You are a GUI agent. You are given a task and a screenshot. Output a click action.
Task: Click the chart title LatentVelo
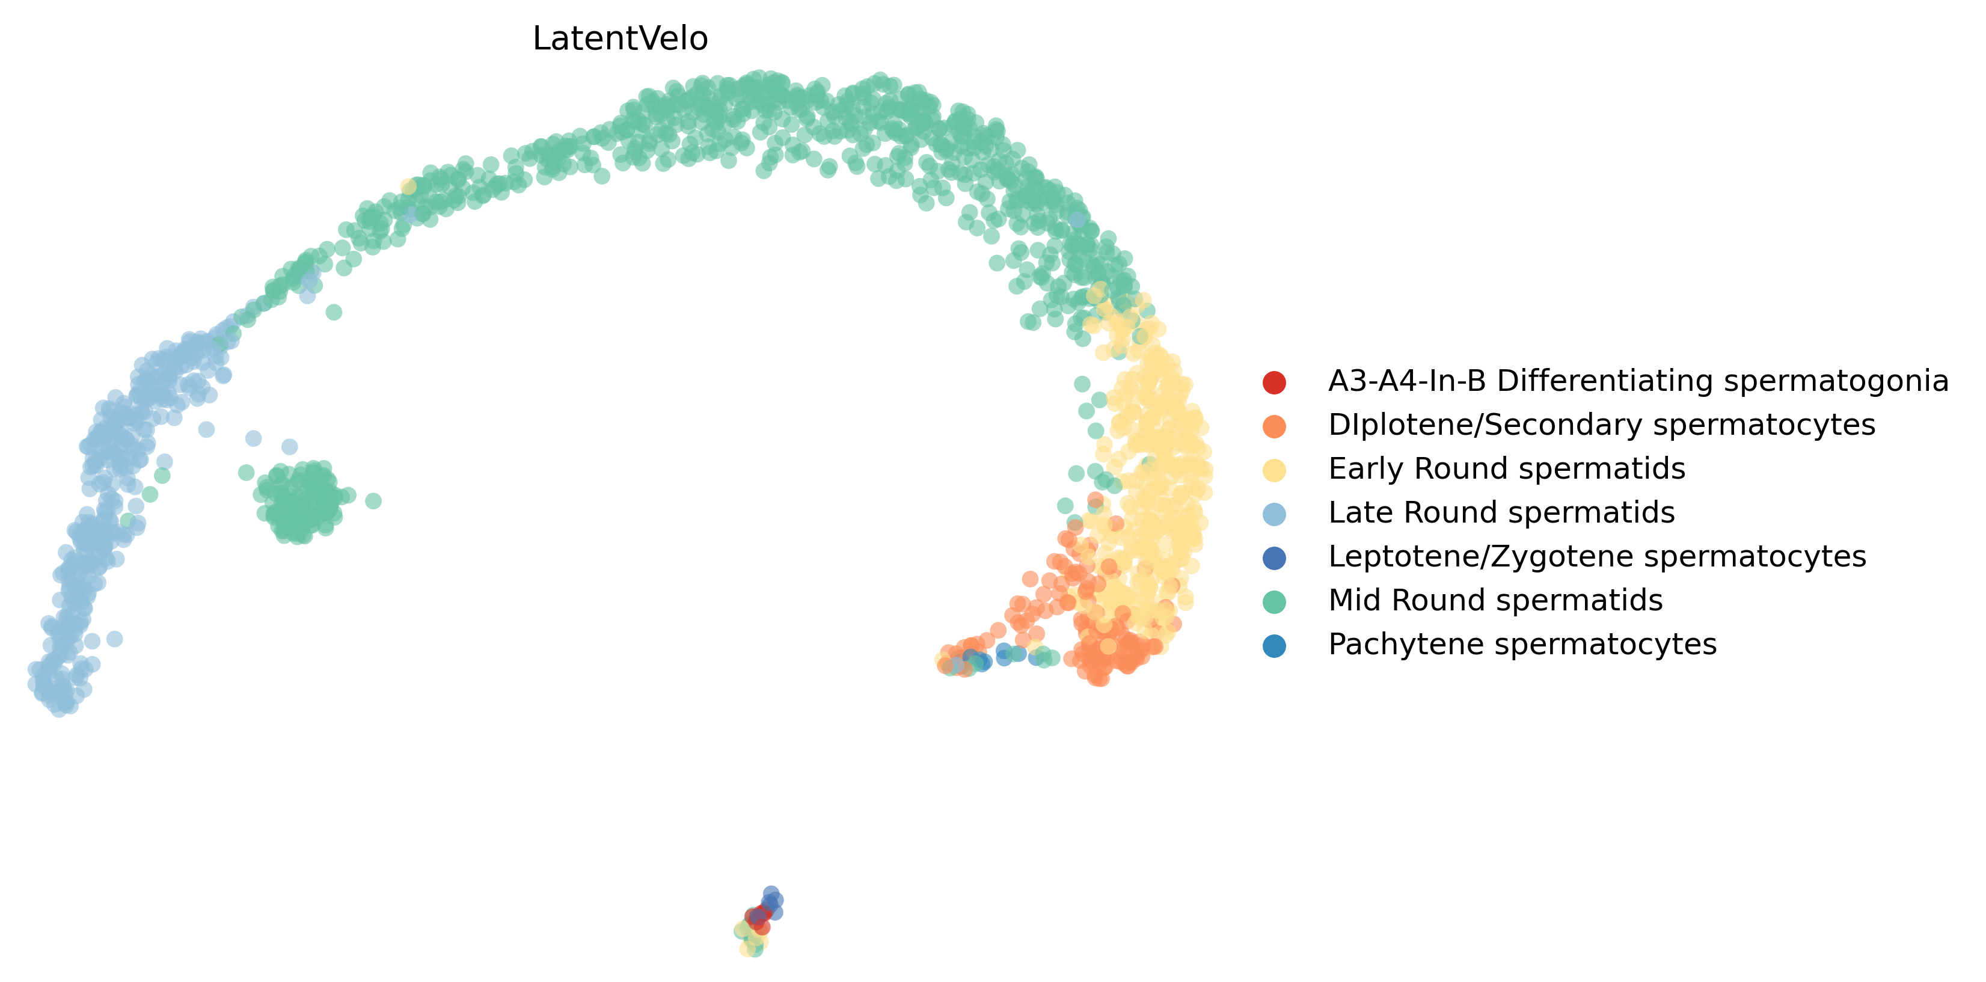click(620, 38)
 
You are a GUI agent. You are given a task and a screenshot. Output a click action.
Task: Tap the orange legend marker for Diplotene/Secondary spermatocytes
click(1275, 426)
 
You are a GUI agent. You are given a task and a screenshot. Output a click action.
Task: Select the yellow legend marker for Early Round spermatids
click(1275, 470)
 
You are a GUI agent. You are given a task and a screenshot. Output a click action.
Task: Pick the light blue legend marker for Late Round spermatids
click(1275, 514)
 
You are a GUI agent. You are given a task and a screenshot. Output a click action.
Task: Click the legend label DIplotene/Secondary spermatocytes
click(1601, 425)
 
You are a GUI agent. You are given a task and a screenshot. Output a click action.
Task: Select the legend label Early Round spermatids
click(1506, 468)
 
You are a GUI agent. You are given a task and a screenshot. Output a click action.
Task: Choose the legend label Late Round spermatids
click(1501, 512)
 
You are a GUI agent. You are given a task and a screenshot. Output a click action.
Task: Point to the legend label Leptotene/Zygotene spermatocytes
click(1596, 556)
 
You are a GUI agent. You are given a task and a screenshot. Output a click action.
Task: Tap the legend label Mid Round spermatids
click(1495, 601)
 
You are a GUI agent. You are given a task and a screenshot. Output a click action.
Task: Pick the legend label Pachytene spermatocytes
click(1522, 645)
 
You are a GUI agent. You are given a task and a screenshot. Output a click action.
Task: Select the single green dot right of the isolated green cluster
click(373, 501)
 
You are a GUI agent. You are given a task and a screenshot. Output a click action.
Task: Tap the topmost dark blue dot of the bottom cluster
click(771, 892)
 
